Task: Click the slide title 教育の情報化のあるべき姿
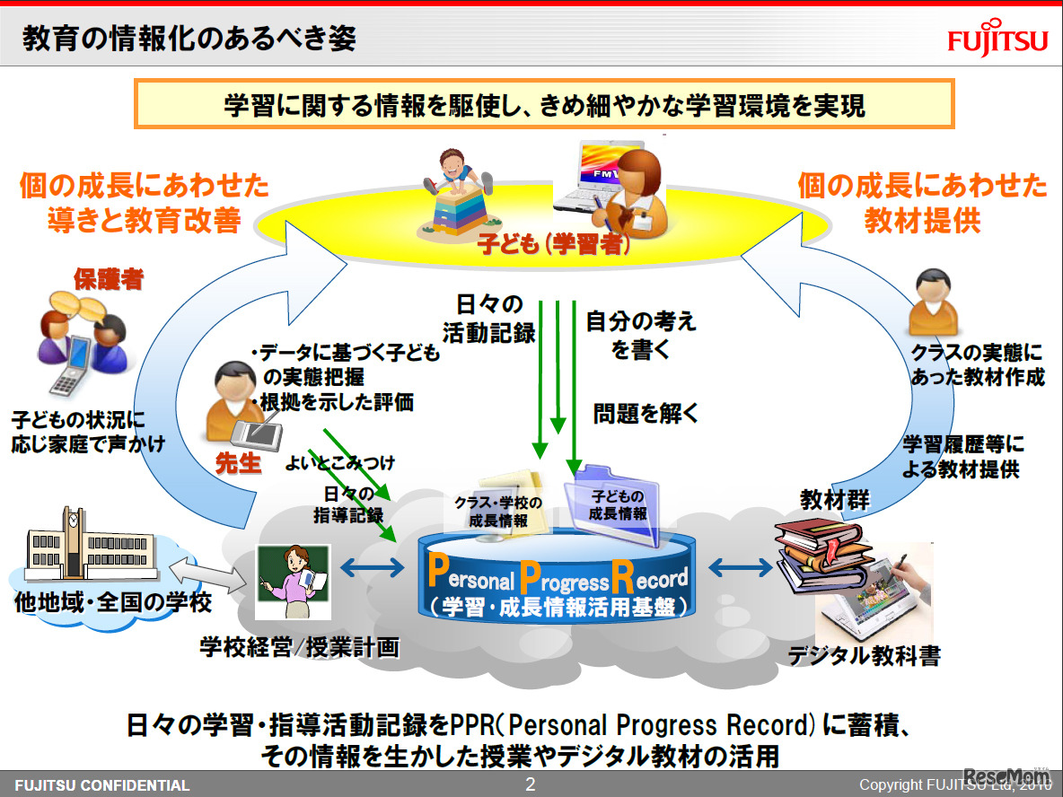pyautogui.click(x=189, y=39)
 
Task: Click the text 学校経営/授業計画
pyautogui.click(x=298, y=648)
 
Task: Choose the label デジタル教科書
pyautogui.click(x=864, y=656)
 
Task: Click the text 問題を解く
pyautogui.click(x=646, y=414)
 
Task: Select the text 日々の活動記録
pyautogui.click(x=489, y=320)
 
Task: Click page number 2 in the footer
pyautogui.click(x=530, y=784)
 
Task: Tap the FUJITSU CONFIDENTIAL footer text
pyautogui.click(x=102, y=785)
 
